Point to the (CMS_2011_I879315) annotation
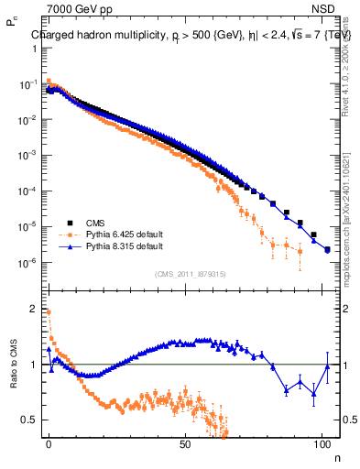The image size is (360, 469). tap(191, 274)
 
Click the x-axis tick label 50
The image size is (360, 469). tap(186, 446)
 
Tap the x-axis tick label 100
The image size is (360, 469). tap(322, 446)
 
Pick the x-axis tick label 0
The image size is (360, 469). tap(49, 446)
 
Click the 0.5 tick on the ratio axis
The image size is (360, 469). tap(27, 420)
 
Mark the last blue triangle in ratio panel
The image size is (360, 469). tap(327, 365)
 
